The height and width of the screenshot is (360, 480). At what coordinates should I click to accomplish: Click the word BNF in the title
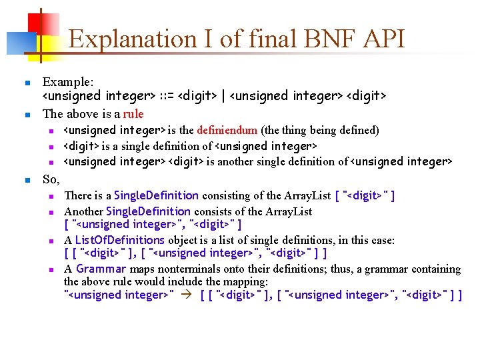pos(319,39)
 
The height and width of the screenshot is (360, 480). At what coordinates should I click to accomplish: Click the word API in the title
pos(381,39)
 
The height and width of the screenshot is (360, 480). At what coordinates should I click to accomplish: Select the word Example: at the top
pos(68,82)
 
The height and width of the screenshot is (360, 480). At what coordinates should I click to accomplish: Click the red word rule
pos(133,113)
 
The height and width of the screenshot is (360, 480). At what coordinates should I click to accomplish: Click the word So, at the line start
pos(51,179)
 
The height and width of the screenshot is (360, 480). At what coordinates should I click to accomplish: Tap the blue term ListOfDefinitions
pos(120,240)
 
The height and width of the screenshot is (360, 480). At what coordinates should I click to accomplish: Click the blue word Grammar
pos(101,269)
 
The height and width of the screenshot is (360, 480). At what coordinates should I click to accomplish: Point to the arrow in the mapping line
pos(187,295)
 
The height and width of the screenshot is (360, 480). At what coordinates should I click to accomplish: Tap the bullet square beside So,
pos(27,180)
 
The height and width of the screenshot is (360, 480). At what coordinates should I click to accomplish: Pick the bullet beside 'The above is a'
pos(27,115)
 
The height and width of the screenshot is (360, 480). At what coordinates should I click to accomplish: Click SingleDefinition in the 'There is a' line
pos(156,195)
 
